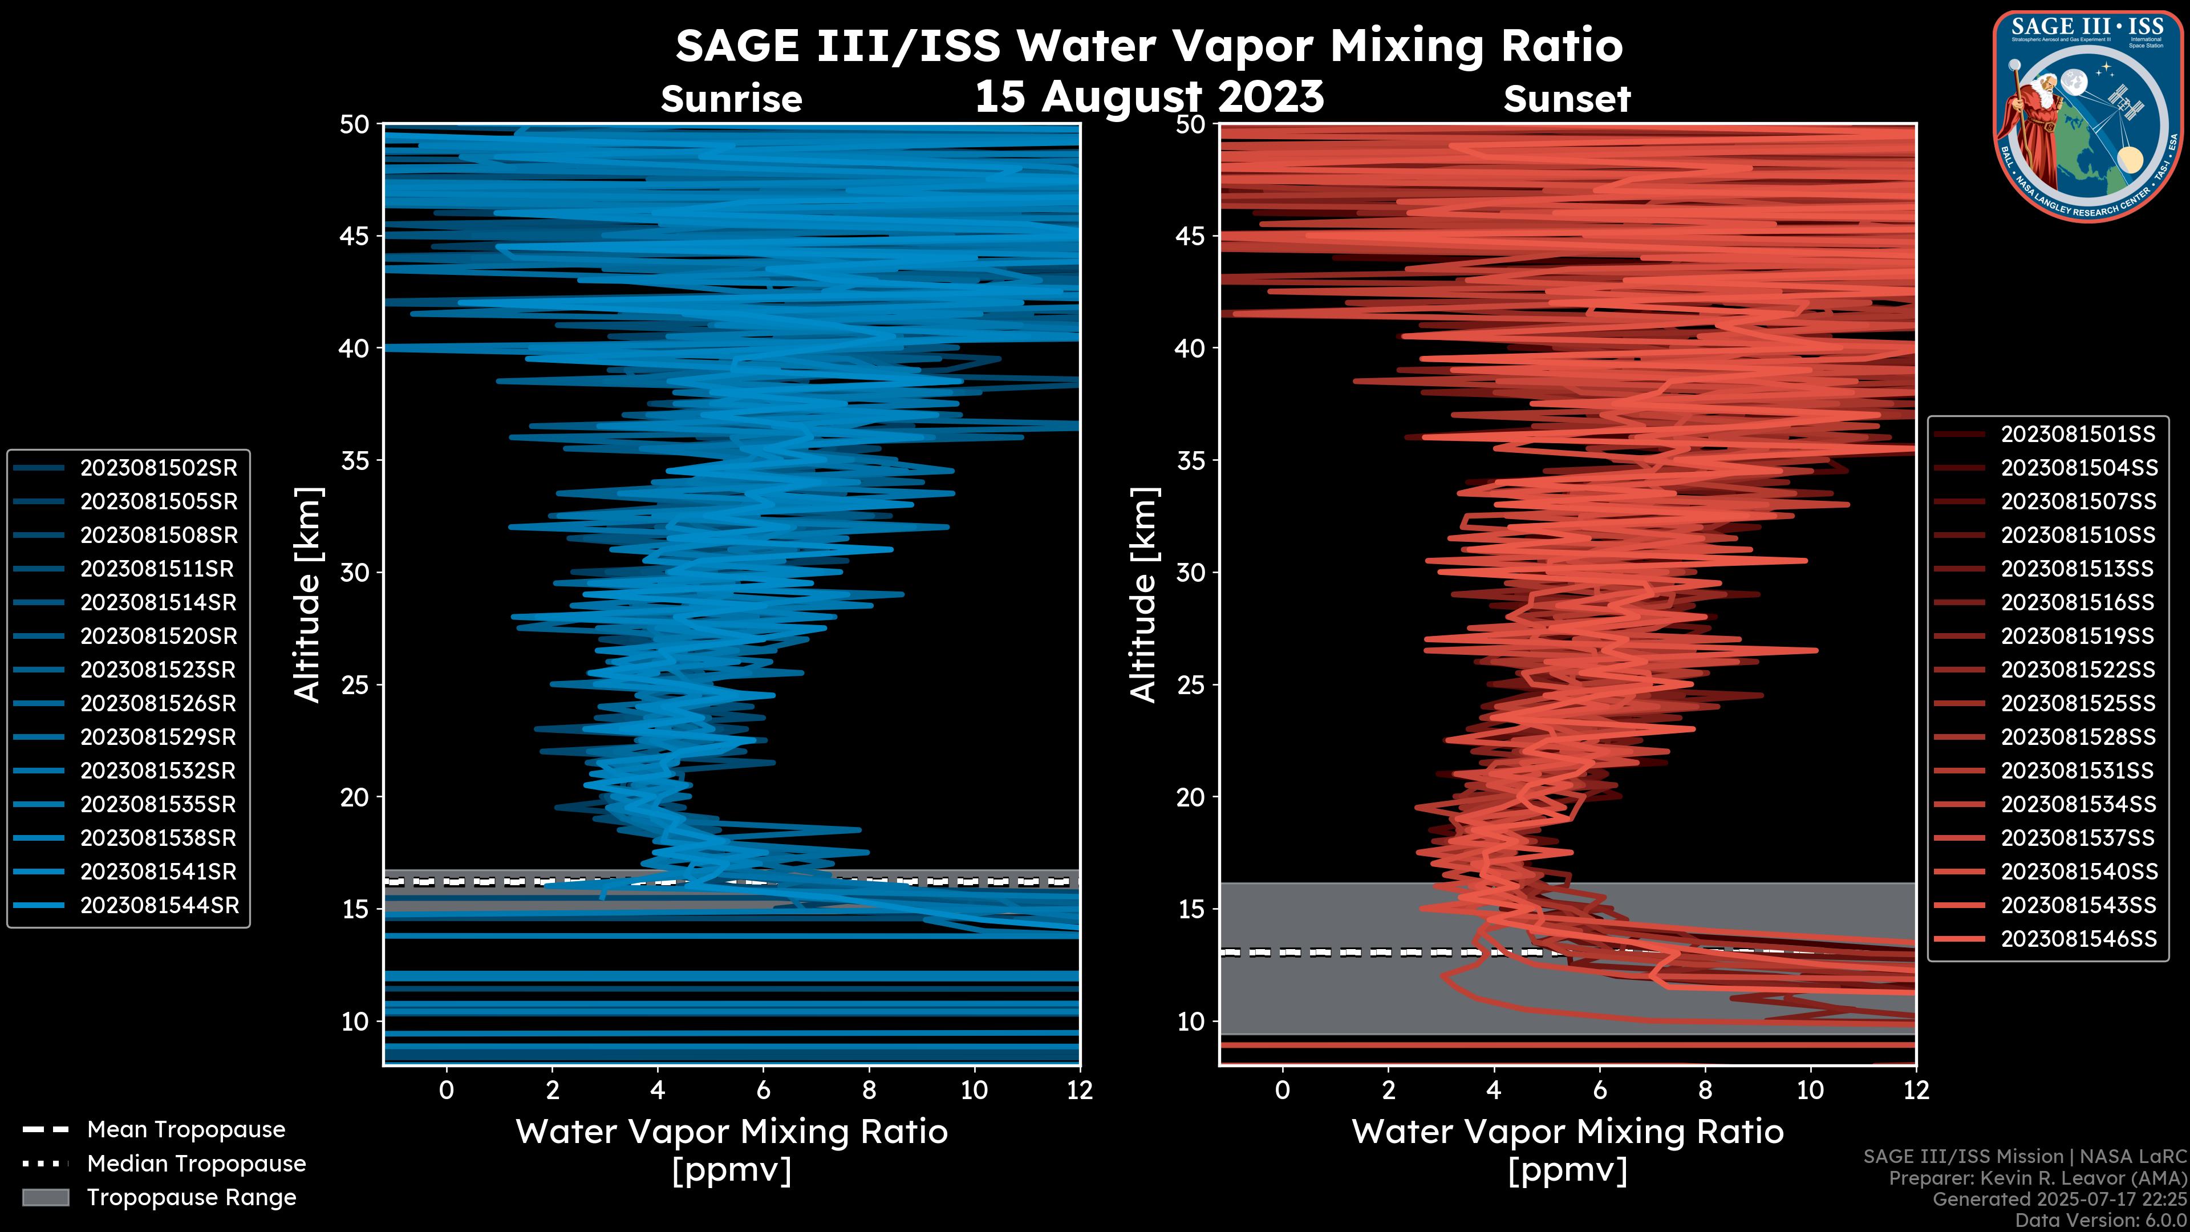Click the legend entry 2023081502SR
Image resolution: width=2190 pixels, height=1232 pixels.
pos(158,468)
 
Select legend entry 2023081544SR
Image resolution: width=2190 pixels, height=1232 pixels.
pos(158,906)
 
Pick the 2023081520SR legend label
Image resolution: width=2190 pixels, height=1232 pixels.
pos(158,636)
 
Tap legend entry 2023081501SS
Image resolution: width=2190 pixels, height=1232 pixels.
pos(2077,435)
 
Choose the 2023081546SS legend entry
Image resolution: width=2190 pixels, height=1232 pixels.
pos(2077,939)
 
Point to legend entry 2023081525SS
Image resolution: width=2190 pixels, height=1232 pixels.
pos(2077,703)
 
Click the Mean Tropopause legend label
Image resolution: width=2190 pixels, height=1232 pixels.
pos(185,1129)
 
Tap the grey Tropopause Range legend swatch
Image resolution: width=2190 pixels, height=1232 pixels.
pos(45,1197)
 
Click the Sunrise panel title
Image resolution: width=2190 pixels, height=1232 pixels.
pos(731,99)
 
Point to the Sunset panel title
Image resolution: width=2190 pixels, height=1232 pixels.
pos(1567,99)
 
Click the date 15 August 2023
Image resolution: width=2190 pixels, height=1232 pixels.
pos(1149,96)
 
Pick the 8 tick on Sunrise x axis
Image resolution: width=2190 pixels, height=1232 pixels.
pos(868,1090)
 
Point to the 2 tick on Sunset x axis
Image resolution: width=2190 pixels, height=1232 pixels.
pos(1388,1090)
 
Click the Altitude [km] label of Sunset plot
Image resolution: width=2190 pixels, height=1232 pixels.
pos(1143,595)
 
